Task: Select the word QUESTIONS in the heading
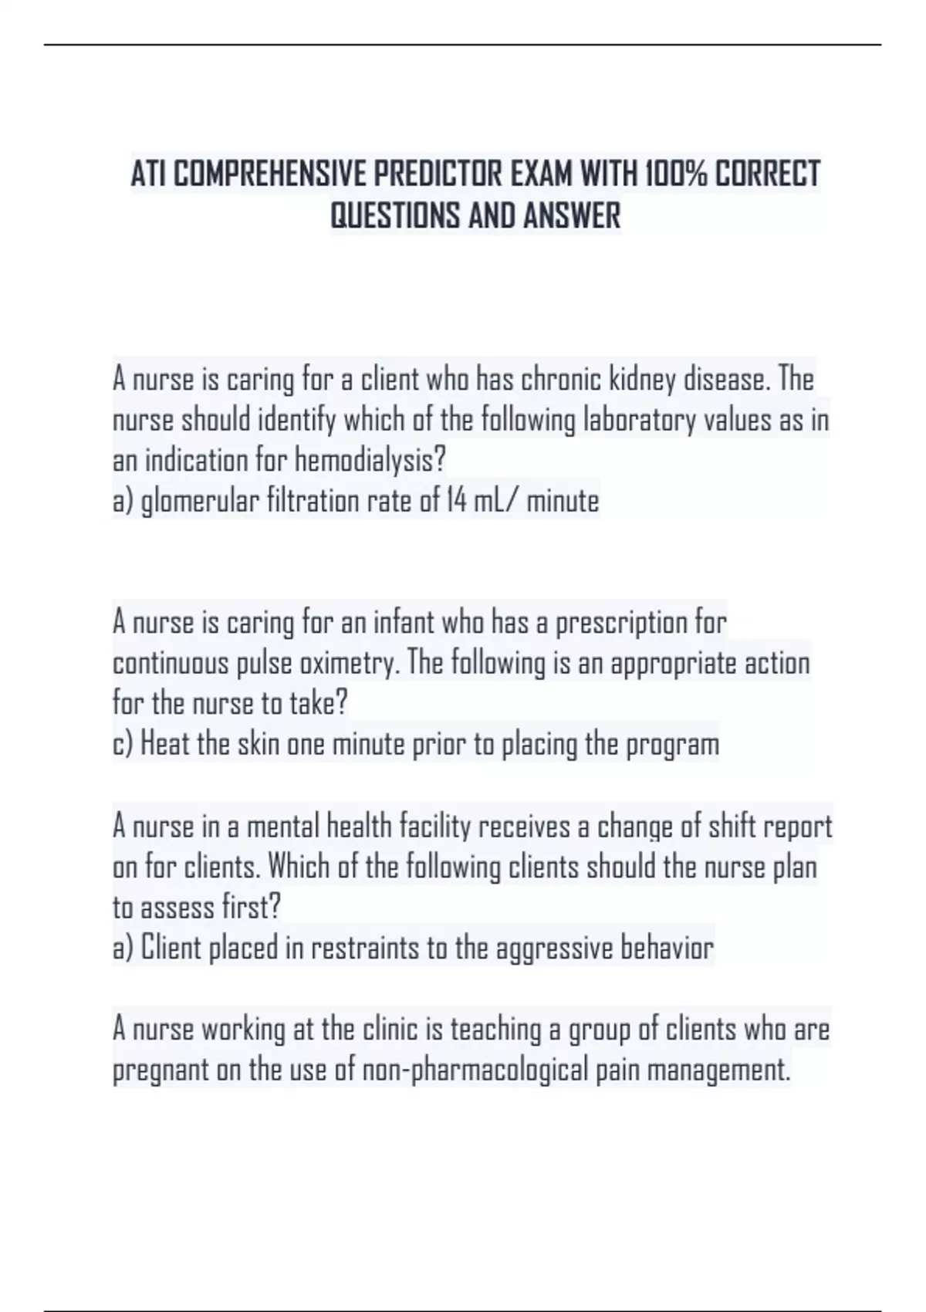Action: [396, 215]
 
